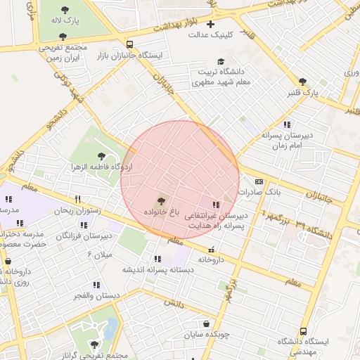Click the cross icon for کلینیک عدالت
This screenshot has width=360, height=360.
[x=210, y=25]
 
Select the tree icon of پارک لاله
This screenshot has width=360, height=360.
[x=65, y=11]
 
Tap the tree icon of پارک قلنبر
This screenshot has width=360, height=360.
[x=303, y=82]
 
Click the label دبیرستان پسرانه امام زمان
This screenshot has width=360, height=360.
[x=291, y=139]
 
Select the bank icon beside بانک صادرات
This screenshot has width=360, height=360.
[x=257, y=181]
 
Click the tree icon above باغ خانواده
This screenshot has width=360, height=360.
[x=162, y=202]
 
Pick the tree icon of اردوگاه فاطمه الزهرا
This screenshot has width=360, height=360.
[x=103, y=155]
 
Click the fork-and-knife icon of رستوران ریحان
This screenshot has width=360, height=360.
[x=77, y=199]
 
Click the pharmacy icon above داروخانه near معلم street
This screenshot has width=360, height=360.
[x=212, y=250]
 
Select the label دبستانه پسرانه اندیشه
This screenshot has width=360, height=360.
[x=157, y=269]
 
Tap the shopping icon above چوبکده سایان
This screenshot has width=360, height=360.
[x=206, y=324]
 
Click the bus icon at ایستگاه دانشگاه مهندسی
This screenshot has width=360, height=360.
[x=303, y=330]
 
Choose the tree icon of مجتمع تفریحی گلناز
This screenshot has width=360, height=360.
[x=94, y=345]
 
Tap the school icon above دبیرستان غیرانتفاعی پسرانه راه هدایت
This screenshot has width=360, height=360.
[x=216, y=205]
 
